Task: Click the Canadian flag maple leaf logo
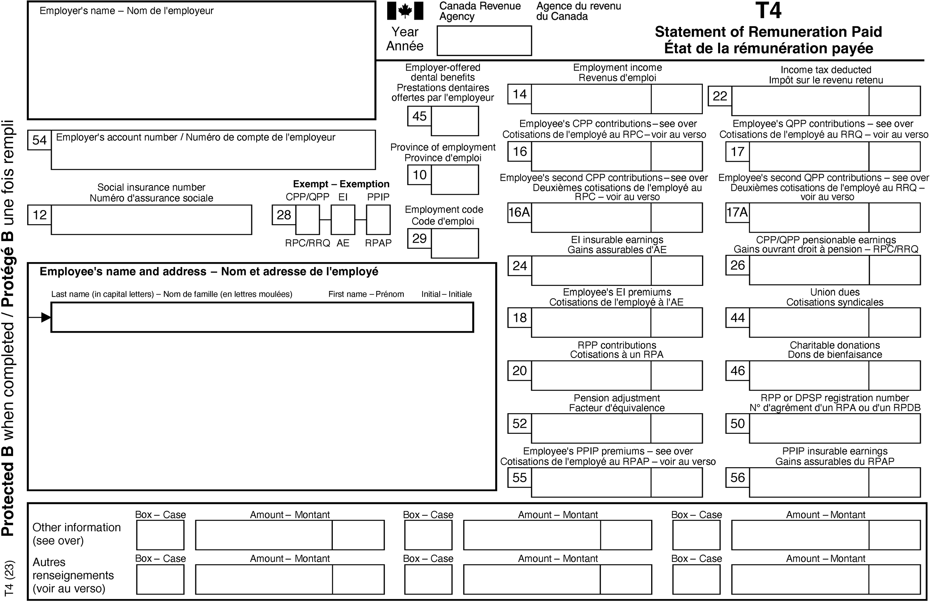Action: click(x=405, y=11)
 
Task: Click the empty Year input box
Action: click(x=484, y=41)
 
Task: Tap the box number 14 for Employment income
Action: click(x=519, y=94)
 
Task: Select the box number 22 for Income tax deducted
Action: click(x=720, y=96)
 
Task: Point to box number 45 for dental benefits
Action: click(x=419, y=116)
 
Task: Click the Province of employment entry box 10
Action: click(x=455, y=179)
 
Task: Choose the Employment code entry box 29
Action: click(x=455, y=243)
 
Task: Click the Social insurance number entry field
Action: click(x=151, y=220)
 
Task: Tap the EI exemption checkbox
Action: click(x=343, y=220)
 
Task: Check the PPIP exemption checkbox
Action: click(x=378, y=220)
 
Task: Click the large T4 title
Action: click(x=768, y=11)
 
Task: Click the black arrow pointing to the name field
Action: click(x=45, y=317)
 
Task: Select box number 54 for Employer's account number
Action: click(x=39, y=140)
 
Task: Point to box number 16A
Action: click(x=519, y=212)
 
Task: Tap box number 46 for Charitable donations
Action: click(x=737, y=371)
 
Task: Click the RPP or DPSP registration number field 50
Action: click(x=835, y=428)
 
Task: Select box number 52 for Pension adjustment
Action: click(x=519, y=423)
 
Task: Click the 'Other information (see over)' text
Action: click(x=76, y=533)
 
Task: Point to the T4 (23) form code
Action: click(x=9, y=579)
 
